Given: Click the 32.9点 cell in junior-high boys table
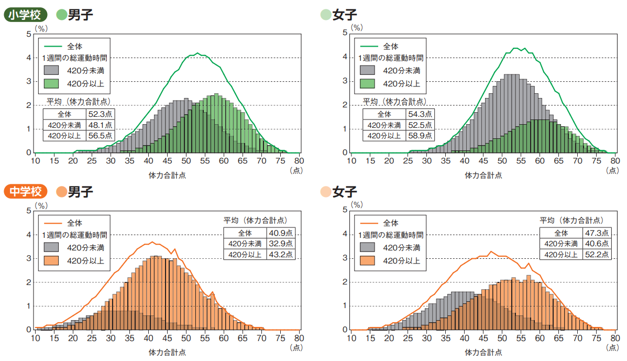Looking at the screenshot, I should point(282,244).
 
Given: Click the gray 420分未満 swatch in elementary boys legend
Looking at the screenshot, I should point(52,70).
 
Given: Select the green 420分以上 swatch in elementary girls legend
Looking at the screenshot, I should point(368,83).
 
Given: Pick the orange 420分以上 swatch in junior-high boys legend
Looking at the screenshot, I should point(52,260).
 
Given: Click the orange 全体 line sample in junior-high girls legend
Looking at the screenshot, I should point(368,223).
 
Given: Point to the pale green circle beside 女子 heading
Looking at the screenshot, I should point(325,15).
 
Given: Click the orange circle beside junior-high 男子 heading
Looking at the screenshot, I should point(61,192).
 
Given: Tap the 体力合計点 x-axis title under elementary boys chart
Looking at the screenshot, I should point(168,176).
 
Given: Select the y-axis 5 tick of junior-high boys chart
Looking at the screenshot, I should point(29,211).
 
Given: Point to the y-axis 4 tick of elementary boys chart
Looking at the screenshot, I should point(29,58).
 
